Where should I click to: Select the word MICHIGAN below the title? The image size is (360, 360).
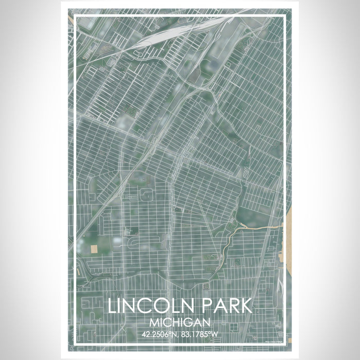click(180, 322)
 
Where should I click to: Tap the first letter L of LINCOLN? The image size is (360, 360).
click(113, 305)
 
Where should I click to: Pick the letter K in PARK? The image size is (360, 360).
click(246, 305)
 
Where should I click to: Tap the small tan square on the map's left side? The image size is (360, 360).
click(94, 249)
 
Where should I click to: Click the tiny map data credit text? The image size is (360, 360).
click(276, 340)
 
